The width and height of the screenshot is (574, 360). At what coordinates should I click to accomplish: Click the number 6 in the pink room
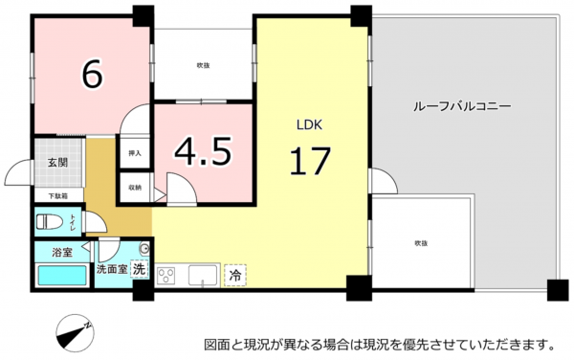(x=92, y=74)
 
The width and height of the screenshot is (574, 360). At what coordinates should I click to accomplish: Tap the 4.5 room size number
(x=203, y=150)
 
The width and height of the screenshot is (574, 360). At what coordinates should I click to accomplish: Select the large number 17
(x=310, y=160)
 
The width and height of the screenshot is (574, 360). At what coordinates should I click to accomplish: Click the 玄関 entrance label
(x=57, y=163)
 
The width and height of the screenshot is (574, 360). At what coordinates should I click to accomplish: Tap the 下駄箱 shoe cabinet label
(x=58, y=196)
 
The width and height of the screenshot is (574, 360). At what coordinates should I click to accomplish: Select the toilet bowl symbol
(x=49, y=222)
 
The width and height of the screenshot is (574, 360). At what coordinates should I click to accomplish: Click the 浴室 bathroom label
(x=61, y=252)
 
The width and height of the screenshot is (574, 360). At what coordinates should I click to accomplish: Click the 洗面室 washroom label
(x=111, y=270)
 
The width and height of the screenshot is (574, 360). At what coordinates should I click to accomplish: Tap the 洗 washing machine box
(x=140, y=270)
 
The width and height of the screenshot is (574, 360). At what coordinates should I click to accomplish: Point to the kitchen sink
(x=202, y=275)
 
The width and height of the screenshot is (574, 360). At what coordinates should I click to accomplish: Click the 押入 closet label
(x=134, y=152)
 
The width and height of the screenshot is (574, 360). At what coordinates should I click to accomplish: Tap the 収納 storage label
(x=134, y=188)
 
